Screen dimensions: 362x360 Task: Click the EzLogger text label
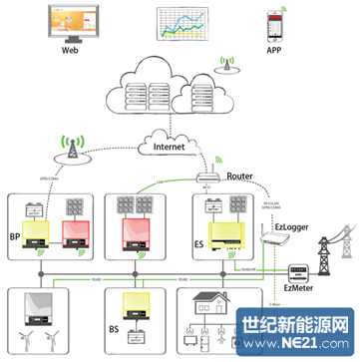pyautogui.click(x=293, y=227)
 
